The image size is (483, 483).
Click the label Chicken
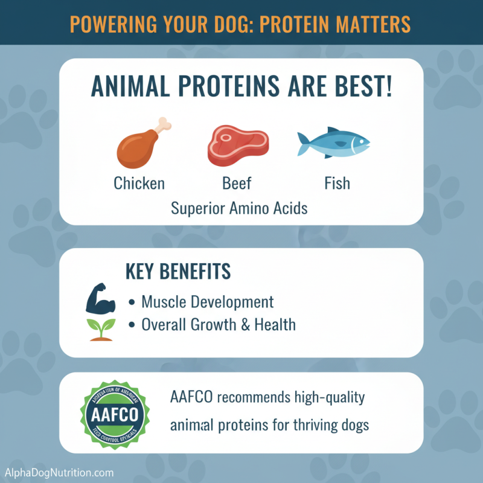[139, 182]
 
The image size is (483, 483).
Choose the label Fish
[336, 182]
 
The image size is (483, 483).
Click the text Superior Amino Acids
[239, 208]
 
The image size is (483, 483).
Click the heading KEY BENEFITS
[178, 272]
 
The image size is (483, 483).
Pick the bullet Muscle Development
[207, 301]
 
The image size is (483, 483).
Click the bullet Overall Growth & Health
[219, 325]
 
